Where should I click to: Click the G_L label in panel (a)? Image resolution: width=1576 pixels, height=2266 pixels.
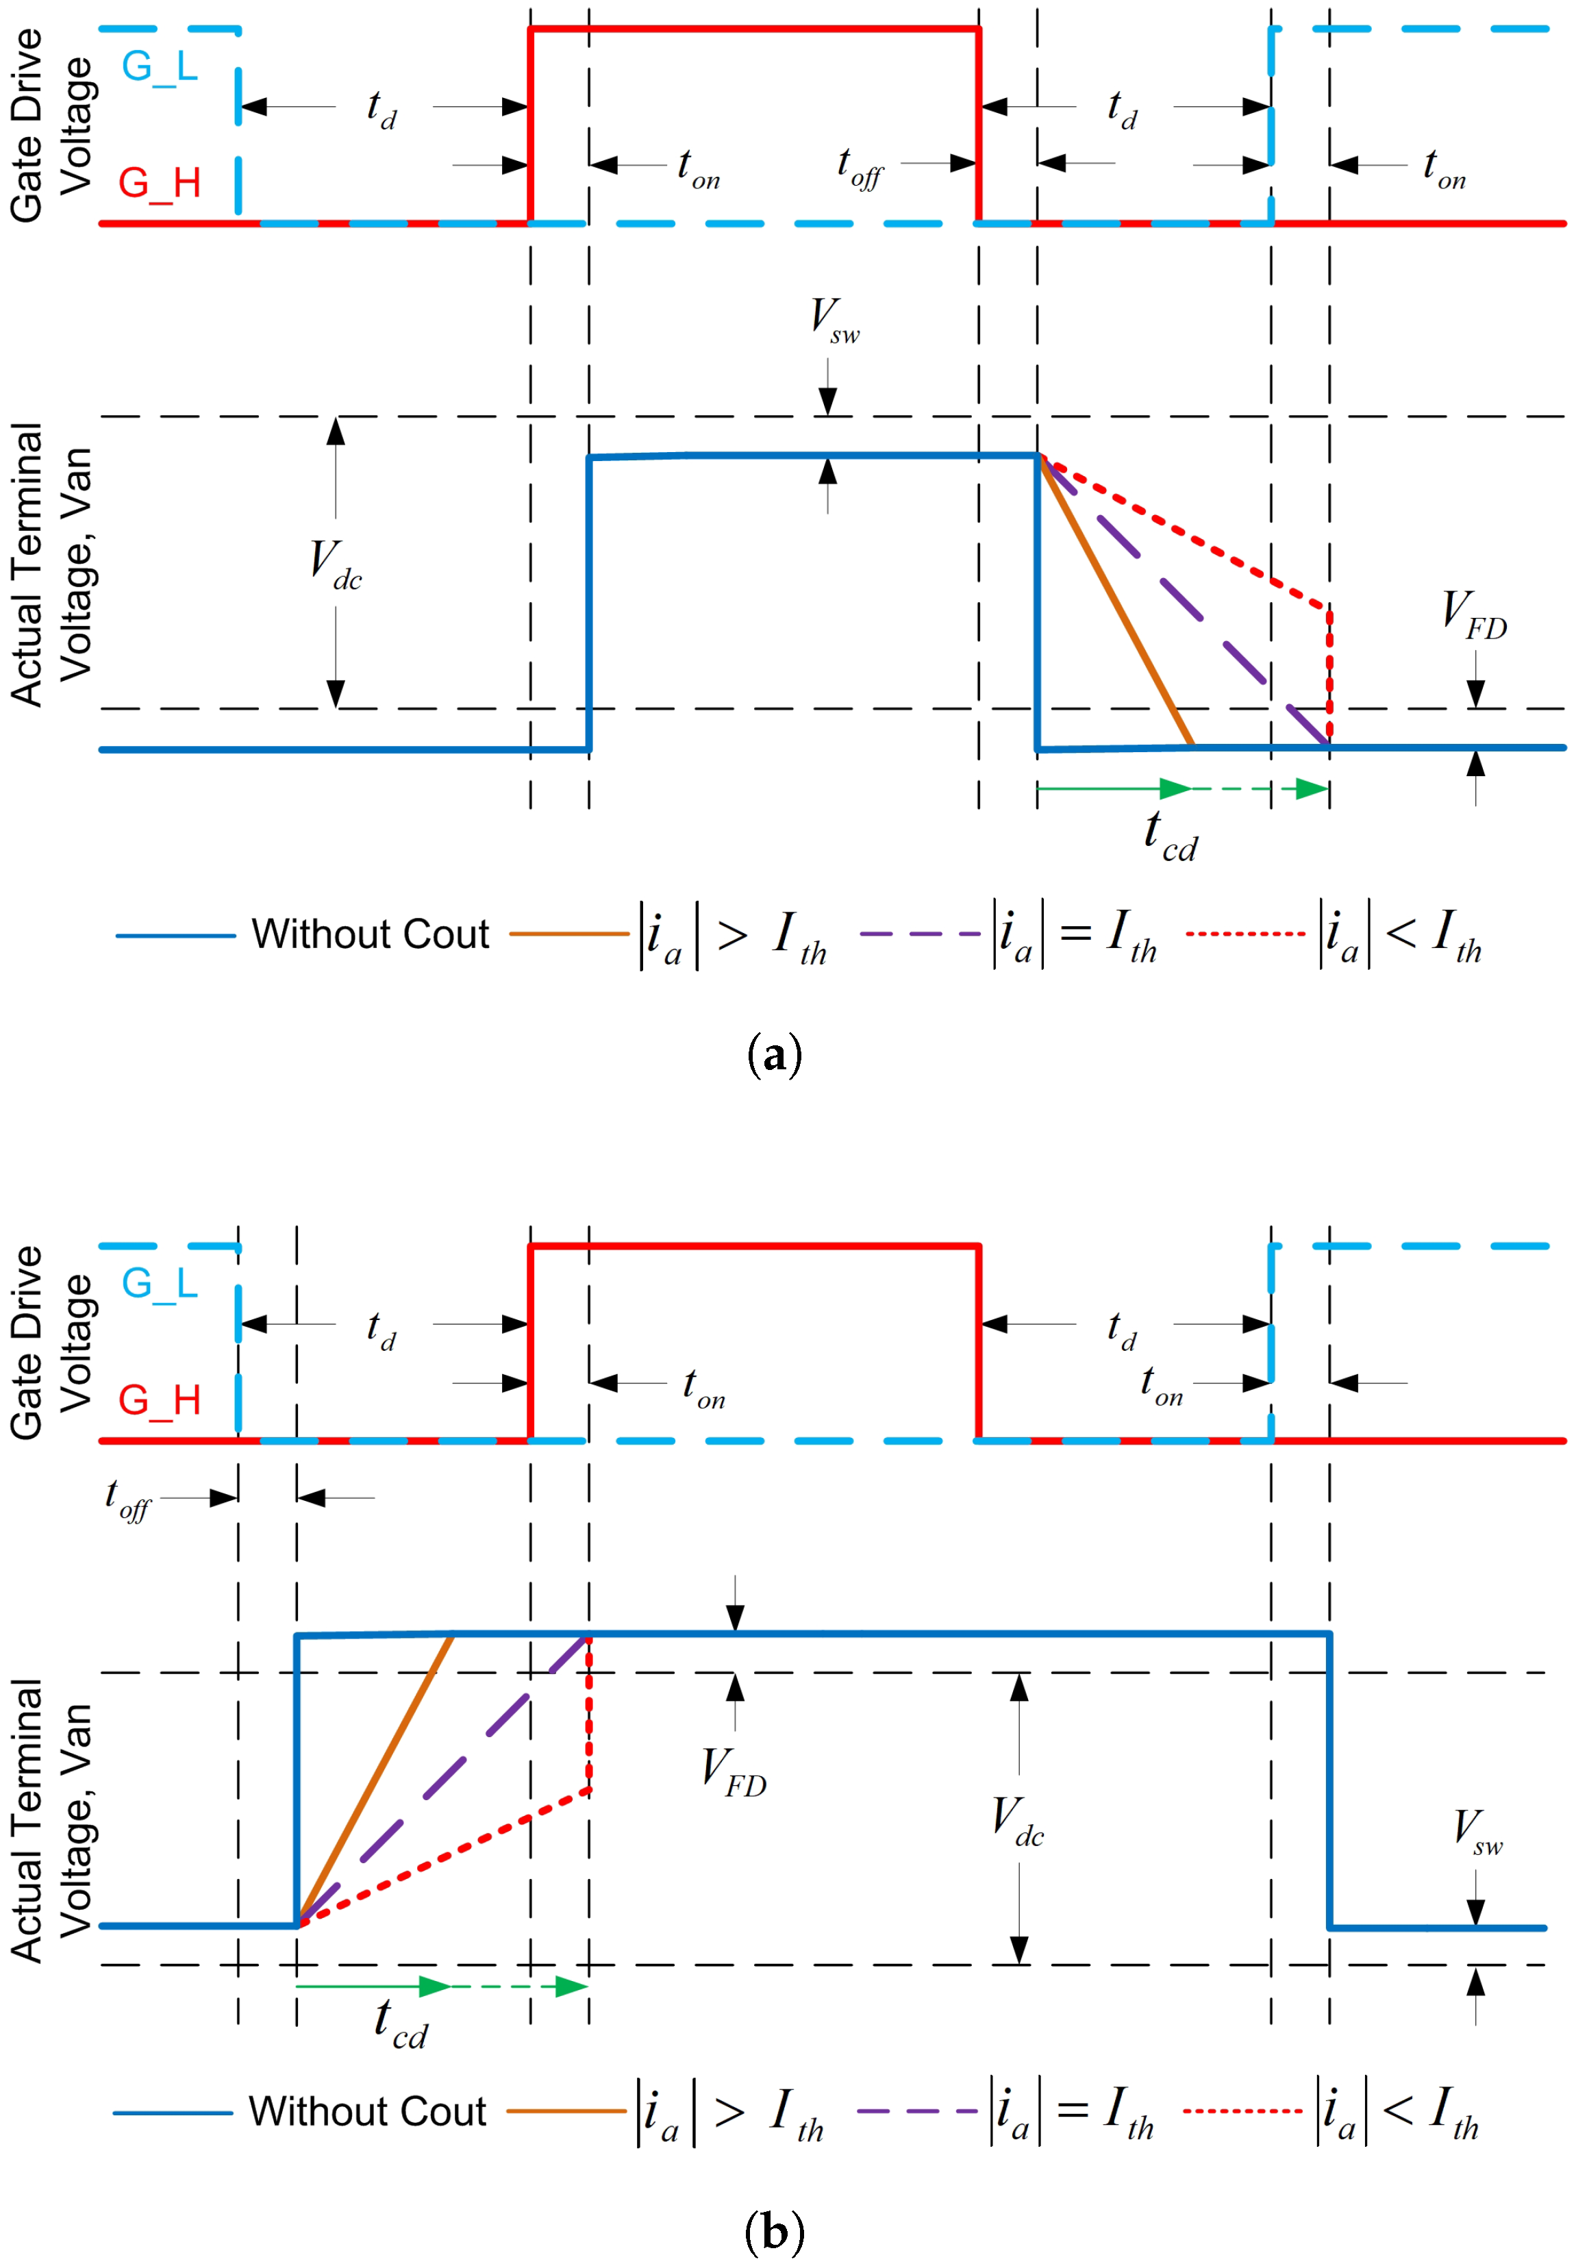tap(159, 67)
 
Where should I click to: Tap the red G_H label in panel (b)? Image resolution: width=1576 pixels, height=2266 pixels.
tap(159, 1399)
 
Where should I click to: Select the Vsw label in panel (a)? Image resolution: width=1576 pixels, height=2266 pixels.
tap(834, 320)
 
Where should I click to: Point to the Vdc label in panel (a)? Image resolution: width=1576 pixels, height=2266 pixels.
tap(336, 564)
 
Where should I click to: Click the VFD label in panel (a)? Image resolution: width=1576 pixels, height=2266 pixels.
tap(1473, 614)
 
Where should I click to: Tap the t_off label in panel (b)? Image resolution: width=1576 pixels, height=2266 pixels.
tap(127, 1499)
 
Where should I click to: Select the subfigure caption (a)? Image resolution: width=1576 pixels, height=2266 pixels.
tap(775, 1054)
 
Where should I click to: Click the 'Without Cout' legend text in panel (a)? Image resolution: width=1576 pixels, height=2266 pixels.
tap(370, 934)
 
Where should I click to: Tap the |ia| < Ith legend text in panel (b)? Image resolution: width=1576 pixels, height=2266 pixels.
tap(1399, 2112)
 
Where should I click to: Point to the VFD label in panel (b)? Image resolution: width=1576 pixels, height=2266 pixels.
tap(734, 1771)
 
